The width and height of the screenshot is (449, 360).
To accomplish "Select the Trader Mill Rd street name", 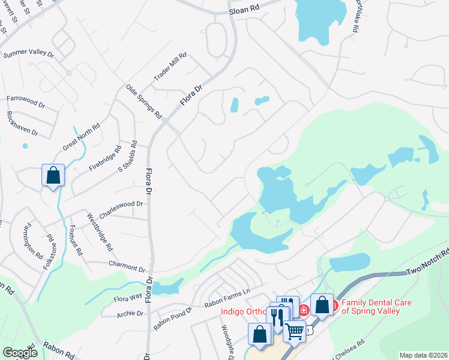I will [x=170, y=67].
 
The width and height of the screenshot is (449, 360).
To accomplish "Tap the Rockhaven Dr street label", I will [x=22, y=123].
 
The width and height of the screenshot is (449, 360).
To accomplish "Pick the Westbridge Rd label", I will [x=100, y=232].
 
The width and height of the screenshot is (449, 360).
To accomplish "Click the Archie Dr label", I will [x=131, y=313].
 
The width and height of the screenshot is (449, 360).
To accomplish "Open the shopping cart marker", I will [x=294, y=330].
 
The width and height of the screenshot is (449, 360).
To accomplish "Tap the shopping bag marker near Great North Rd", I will [x=53, y=176].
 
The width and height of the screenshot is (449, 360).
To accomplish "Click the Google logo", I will [x=20, y=353].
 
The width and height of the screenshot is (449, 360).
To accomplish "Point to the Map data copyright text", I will [x=423, y=355].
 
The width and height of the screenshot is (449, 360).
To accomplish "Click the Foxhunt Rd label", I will [x=75, y=239].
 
